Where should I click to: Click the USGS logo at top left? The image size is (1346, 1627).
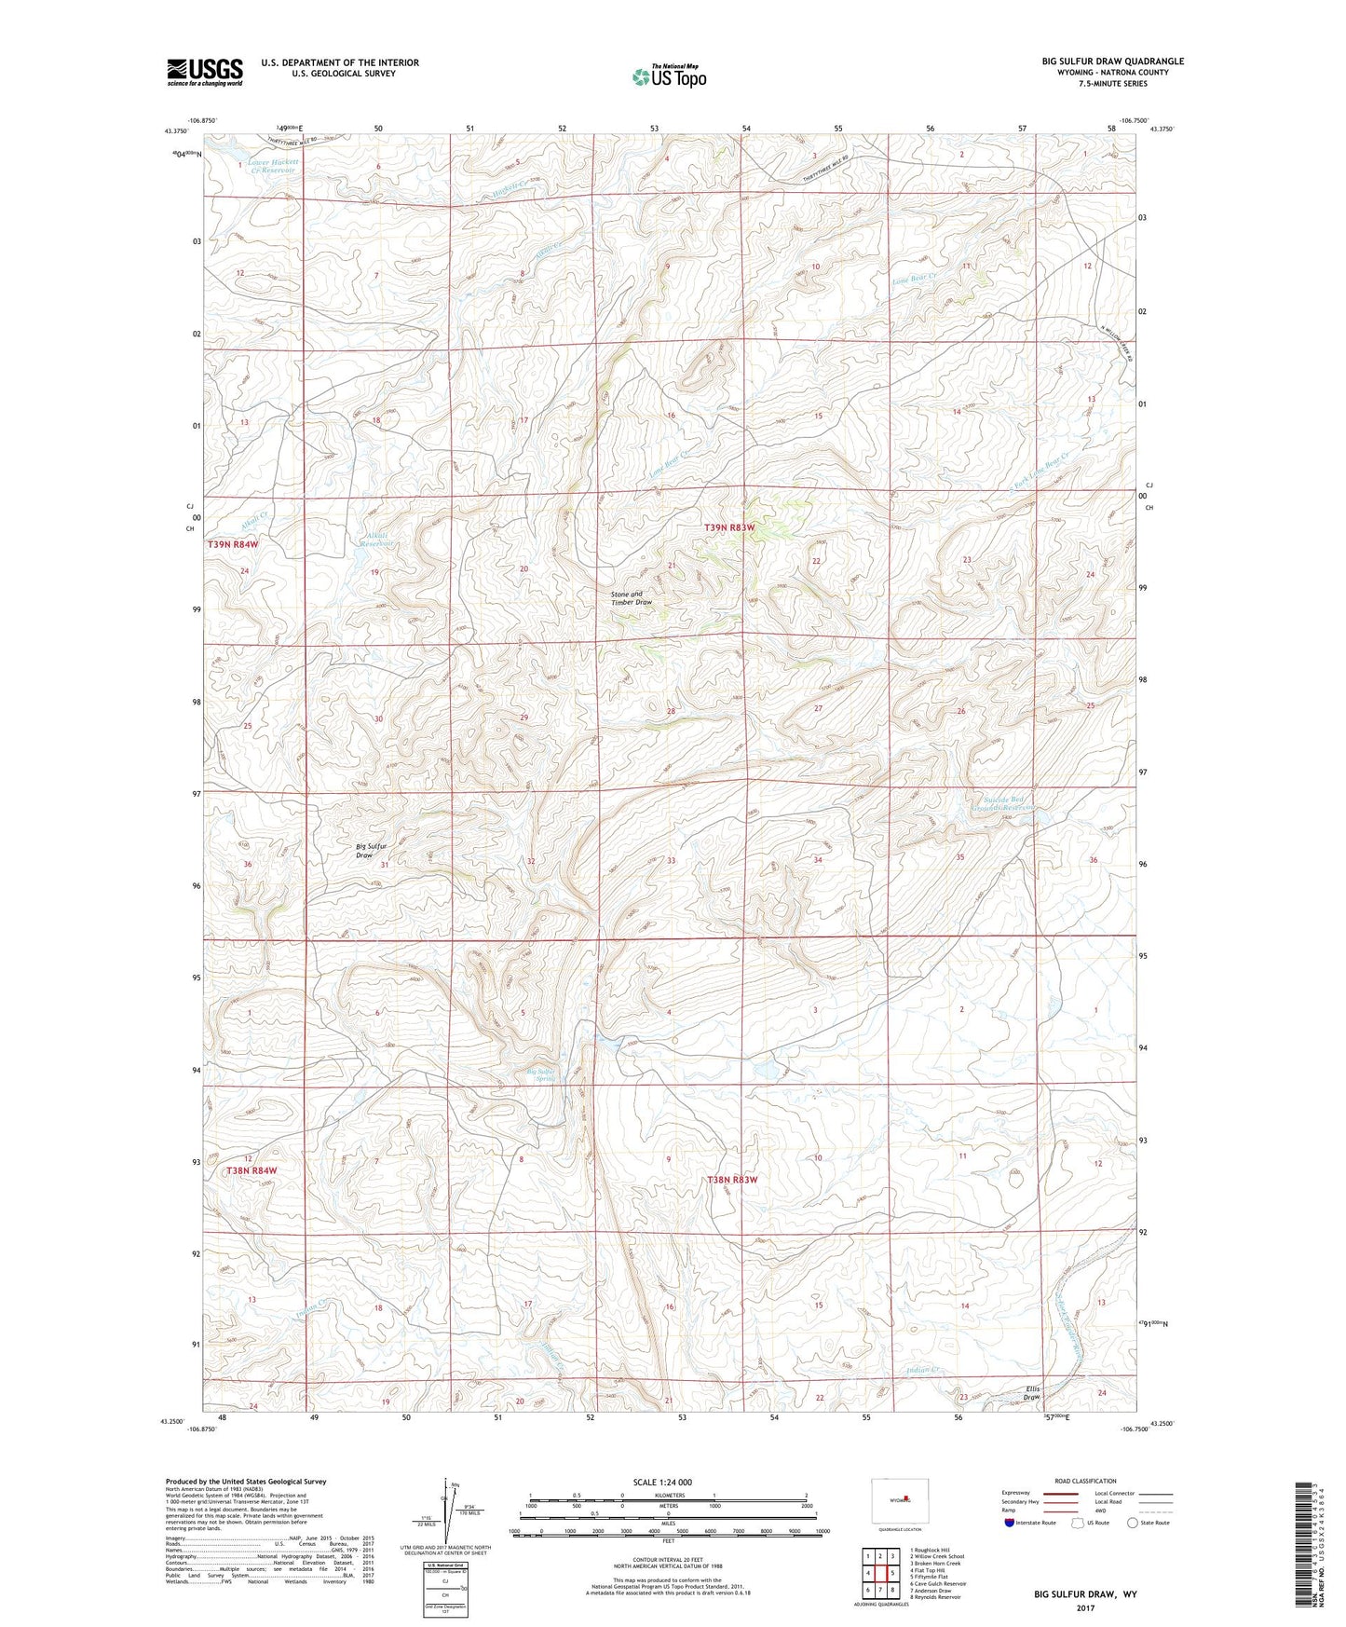point(205,72)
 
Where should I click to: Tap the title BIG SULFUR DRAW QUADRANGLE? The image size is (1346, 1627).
point(1112,62)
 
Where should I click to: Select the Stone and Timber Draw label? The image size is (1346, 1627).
point(632,598)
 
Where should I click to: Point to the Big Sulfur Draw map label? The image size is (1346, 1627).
point(371,851)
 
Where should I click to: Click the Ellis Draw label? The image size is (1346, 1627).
point(1030,1393)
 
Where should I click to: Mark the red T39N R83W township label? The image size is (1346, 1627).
point(729,527)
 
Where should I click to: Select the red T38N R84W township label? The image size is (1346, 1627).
point(252,1170)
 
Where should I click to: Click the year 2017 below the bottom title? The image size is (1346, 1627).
point(1085,1608)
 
